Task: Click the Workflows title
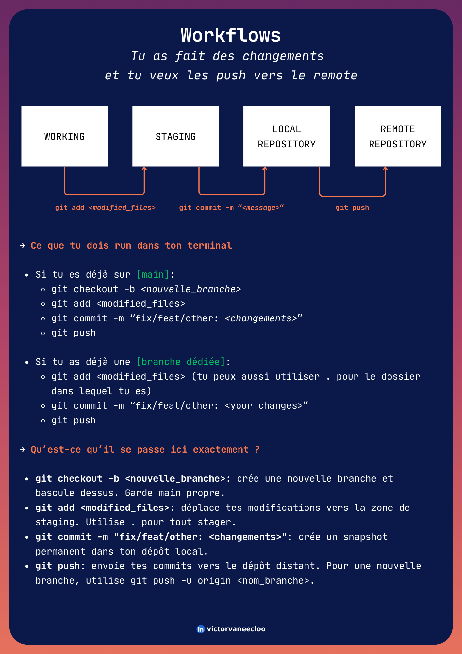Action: (231, 35)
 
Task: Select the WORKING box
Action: (65, 136)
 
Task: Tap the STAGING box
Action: (176, 136)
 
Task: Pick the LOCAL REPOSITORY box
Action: (287, 136)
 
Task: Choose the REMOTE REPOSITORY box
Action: (398, 136)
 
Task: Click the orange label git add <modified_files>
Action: (105, 208)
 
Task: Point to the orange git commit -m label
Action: (231, 208)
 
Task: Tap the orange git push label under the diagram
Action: (352, 208)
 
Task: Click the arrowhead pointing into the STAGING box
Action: (144, 169)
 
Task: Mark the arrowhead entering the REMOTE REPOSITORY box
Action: (385, 169)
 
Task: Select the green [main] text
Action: (153, 274)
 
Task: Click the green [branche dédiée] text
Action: (181, 362)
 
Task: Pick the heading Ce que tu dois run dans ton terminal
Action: (131, 245)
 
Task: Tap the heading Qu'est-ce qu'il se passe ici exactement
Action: (145, 449)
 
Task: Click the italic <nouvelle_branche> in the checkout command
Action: (191, 289)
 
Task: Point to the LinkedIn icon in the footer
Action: (201, 629)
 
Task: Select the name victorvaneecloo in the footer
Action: (236, 629)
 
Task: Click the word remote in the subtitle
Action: (335, 76)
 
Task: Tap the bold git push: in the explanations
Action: (60, 566)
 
